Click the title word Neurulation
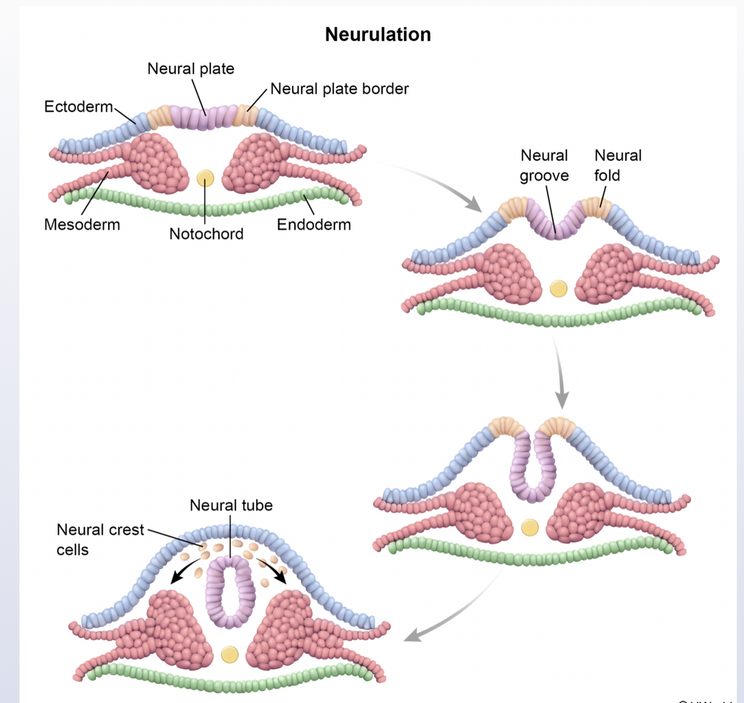click(x=378, y=35)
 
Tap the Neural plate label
click(x=191, y=69)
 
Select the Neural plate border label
click(x=339, y=89)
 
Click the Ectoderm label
click(x=78, y=106)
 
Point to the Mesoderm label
click(x=82, y=225)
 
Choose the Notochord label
click(x=206, y=234)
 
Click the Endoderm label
click(x=313, y=225)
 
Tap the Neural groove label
click(x=544, y=166)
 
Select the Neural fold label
click(x=617, y=166)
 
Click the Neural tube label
click(x=231, y=505)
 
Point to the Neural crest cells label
click(x=100, y=539)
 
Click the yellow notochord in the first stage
click(x=205, y=178)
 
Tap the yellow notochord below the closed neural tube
click(x=230, y=654)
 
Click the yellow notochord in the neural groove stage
click(x=558, y=288)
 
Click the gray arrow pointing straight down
click(x=561, y=374)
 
